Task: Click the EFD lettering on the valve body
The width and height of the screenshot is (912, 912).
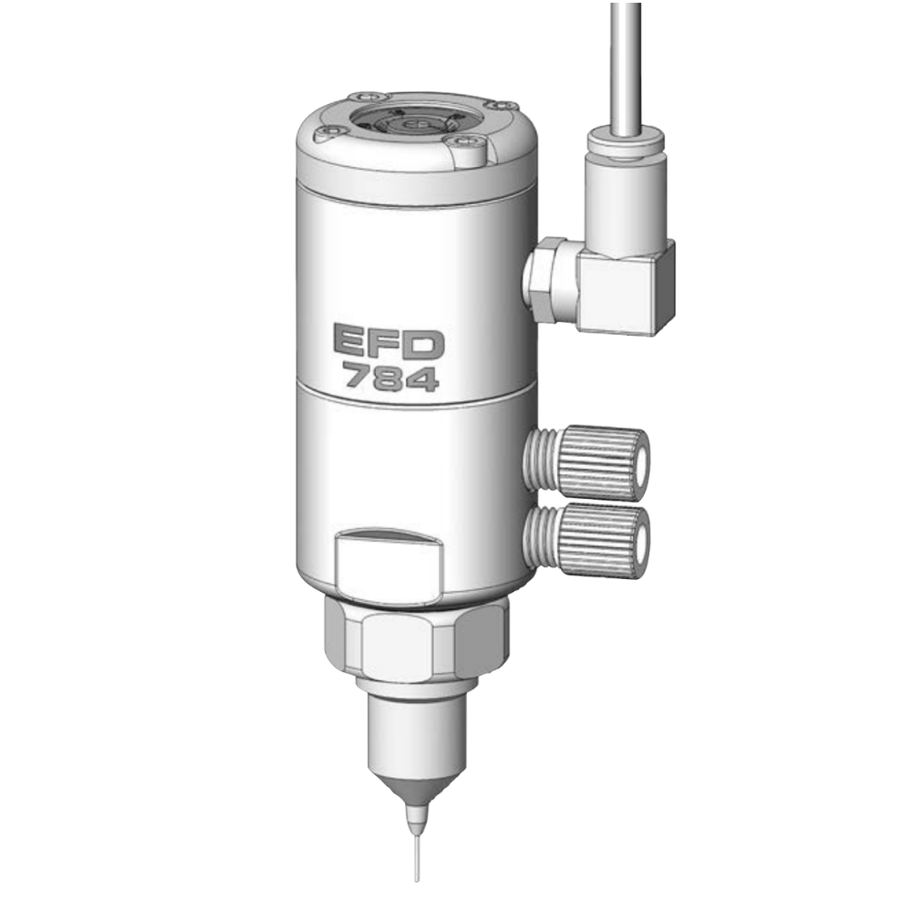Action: click(389, 341)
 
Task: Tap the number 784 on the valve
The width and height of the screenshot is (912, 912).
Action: click(390, 377)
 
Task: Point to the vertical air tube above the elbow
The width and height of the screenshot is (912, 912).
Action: click(626, 66)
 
